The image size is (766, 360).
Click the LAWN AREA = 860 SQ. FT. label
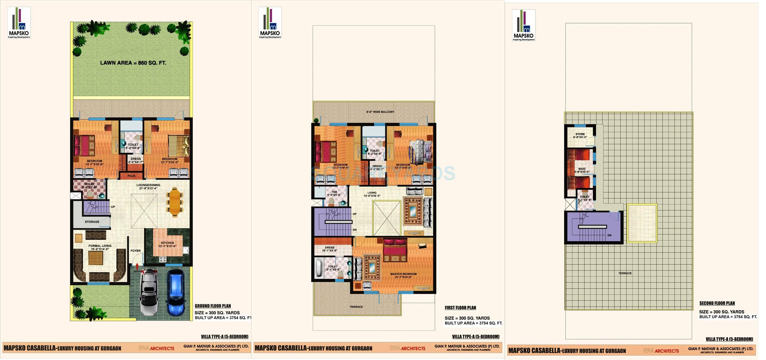(x=133, y=63)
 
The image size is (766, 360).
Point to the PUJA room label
(x=131, y=176)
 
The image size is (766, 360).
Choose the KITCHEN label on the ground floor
(x=167, y=243)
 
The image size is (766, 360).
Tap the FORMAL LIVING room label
(x=100, y=246)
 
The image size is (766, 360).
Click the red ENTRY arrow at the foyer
(x=137, y=267)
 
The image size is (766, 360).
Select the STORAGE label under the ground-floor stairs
(x=92, y=222)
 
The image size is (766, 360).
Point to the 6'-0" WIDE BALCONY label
(x=380, y=112)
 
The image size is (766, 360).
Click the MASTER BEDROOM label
(x=403, y=274)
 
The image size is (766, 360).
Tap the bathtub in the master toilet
(x=318, y=269)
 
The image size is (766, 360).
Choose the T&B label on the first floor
(x=334, y=192)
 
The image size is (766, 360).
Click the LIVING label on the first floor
(x=372, y=193)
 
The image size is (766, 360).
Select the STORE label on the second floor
(x=580, y=134)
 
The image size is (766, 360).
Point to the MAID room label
(x=582, y=169)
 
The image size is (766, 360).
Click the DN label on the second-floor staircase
(x=609, y=235)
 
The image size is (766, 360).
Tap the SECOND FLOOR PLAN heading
(x=717, y=303)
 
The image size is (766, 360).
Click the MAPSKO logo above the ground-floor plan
(x=19, y=23)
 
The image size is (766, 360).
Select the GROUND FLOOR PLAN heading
(x=213, y=306)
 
